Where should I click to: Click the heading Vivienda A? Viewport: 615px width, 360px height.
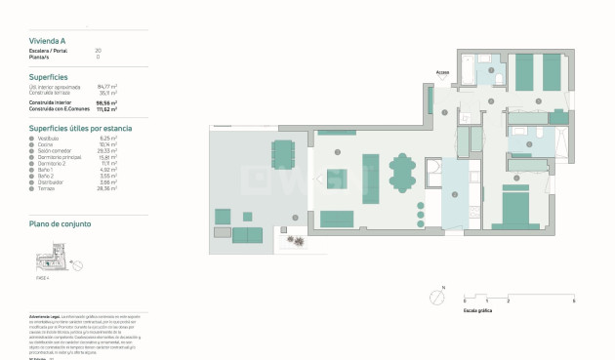tap(48, 41)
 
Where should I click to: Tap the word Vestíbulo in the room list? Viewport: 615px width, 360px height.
tap(50, 139)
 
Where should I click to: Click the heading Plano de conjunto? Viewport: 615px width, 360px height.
tap(61, 224)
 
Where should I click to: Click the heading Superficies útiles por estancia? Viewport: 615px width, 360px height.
tap(81, 128)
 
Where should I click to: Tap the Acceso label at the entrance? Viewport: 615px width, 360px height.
tap(442, 71)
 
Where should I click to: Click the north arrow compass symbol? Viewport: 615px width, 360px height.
tap(436, 298)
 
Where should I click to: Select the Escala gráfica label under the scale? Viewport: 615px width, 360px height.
tap(477, 309)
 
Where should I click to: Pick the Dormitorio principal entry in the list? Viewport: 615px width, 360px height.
tap(60, 156)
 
